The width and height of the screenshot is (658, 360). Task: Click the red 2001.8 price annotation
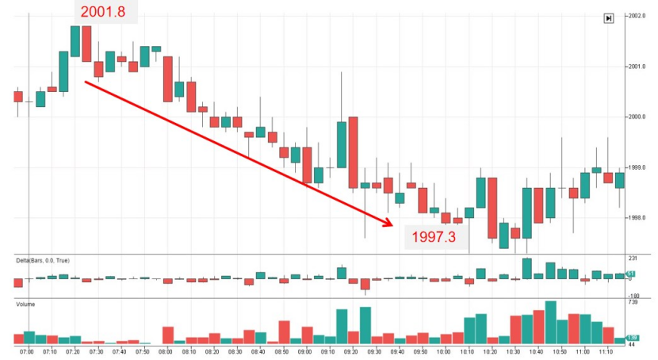point(106,10)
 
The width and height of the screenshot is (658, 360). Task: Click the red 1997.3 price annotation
point(434,236)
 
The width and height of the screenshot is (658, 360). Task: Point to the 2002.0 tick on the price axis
point(637,16)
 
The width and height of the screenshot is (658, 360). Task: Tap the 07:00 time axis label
point(27,350)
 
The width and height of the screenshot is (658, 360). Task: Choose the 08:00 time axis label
point(166,350)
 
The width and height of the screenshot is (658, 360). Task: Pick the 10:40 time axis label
point(537,350)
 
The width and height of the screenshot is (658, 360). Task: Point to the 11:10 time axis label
point(606,350)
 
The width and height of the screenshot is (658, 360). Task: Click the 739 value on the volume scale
point(632,303)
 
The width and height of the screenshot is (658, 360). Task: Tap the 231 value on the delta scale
point(632,259)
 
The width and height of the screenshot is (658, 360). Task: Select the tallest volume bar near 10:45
point(550,322)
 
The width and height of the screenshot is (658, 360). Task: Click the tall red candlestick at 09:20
point(353,152)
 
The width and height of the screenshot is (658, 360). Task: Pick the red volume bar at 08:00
point(167,335)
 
